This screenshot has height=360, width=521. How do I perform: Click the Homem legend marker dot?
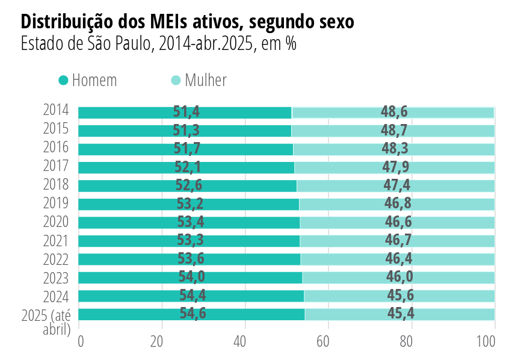pos(63,80)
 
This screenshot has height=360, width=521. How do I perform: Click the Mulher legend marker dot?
pos(176,80)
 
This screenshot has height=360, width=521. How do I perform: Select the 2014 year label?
pos(55,110)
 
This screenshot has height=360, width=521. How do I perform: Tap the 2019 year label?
pos(55,203)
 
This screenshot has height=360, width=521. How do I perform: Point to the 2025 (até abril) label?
pos(46,322)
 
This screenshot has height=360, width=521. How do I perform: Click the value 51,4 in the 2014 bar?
pos(186,112)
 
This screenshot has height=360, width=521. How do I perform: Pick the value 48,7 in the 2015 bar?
pos(394,131)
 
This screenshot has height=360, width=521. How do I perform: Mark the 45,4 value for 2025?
pos(401,314)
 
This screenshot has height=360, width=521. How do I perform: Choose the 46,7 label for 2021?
pos(398,241)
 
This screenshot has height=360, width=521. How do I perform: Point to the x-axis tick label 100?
pos(486,341)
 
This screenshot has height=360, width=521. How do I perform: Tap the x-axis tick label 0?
pos(81,341)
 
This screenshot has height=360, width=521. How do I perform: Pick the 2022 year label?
pos(55,259)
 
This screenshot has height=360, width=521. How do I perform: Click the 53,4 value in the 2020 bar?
pos(190,222)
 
